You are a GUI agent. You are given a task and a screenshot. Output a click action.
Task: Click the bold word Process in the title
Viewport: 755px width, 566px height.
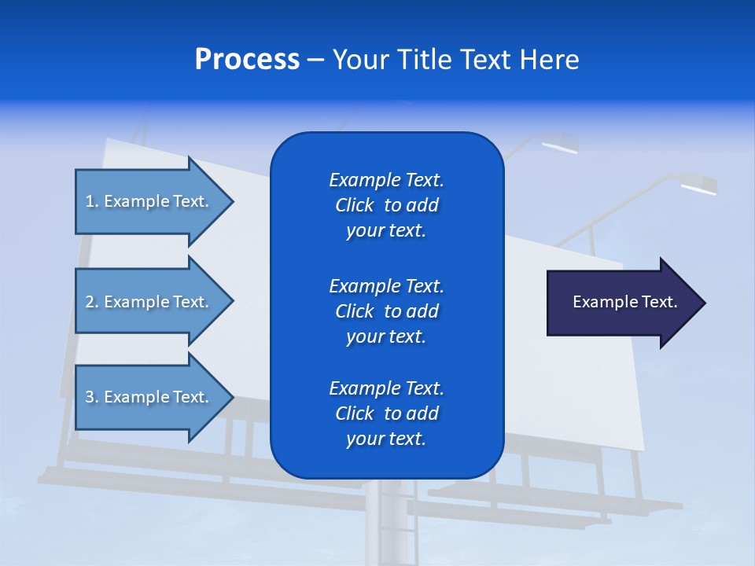point(247,60)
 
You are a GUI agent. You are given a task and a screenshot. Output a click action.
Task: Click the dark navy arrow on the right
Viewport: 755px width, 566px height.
point(621,302)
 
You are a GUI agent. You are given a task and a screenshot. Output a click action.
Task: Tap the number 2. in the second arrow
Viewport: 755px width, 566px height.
point(91,302)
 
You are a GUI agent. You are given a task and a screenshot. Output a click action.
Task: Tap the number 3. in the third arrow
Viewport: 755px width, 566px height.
point(91,397)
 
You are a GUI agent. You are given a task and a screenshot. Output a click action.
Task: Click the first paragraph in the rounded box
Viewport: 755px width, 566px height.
point(386,205)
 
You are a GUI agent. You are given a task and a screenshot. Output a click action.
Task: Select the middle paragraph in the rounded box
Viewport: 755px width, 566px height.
point(386,311)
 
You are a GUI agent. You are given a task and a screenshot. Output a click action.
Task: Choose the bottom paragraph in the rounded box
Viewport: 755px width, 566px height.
point(386,413)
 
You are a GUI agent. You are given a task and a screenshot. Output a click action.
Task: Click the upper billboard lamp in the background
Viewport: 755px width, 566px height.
point(558,145)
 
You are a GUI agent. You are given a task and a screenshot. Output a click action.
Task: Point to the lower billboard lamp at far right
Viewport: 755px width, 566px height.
point(698,186)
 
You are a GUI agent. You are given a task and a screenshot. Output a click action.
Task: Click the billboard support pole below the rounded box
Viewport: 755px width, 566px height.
point(385,519)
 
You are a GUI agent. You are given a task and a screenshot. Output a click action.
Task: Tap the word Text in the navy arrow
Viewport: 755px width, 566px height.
point(660,302)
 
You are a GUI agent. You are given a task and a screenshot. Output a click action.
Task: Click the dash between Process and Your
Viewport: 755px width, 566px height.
point(315,60)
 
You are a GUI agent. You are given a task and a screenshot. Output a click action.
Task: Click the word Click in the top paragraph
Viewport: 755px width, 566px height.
point(355,205)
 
